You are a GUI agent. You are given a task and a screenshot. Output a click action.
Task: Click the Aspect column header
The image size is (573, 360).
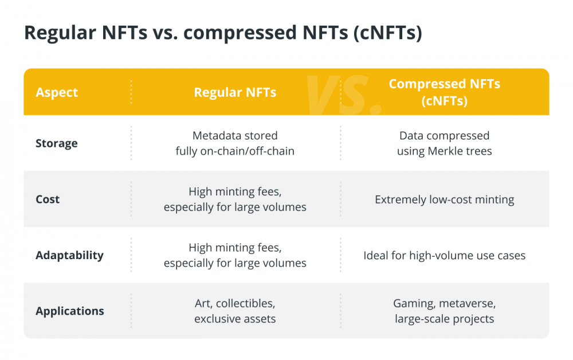[x=57, y=92]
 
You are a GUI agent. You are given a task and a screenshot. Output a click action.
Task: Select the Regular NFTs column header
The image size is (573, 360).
[x=235, y=92]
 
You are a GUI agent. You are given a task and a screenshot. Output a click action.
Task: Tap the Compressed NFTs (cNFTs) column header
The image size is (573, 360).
[x=445, y=92]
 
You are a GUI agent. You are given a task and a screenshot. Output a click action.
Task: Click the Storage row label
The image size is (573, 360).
[x=56, y=143]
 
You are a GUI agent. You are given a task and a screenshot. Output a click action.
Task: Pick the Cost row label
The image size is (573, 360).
[x=48, y=199]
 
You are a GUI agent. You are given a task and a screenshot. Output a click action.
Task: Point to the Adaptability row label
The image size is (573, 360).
[x=69, y=255]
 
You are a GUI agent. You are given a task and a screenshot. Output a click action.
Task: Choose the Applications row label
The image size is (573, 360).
[x=70, y=311]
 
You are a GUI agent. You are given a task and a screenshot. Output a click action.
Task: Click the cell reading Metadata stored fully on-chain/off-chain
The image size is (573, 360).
[x=235, y=143]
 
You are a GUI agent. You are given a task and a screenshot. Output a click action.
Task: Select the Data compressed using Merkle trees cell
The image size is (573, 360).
[x=445, y=143]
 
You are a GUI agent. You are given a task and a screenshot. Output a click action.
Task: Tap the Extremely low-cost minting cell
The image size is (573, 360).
[x=445, y=199]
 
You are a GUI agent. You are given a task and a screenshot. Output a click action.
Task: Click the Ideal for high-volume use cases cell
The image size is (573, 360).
[x=445, y=256]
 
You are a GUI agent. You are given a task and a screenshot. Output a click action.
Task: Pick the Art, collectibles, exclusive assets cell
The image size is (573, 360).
[x=235, y=311]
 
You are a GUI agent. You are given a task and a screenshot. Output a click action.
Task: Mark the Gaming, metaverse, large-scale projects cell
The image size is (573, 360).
[x=445, y=311]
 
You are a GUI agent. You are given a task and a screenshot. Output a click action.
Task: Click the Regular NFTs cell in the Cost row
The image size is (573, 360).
[x=235, y=199]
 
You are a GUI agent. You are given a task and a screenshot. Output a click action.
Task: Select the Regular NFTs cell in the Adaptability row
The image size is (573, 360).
[x=235, y=255]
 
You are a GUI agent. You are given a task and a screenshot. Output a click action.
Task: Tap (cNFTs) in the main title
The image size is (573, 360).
[x=388, y=33]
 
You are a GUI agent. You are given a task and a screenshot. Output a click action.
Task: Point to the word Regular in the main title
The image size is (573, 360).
[x=60, y=33]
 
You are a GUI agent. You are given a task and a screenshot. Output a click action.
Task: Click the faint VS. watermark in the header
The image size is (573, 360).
[x=343, y=94]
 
